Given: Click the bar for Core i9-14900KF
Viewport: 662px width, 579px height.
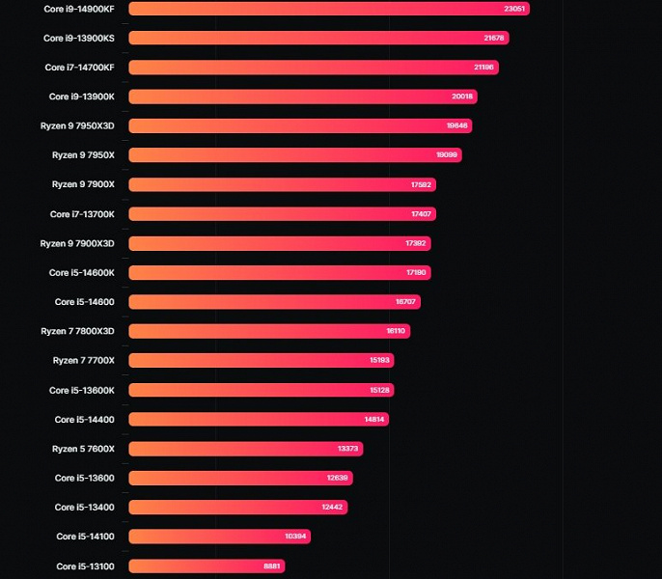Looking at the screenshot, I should (328, 9).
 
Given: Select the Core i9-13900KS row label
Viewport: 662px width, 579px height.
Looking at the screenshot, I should (79, 39).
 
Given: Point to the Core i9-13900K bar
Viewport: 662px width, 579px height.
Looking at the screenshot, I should (302, 96).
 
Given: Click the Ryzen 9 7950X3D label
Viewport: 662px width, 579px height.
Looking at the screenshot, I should (77, 125).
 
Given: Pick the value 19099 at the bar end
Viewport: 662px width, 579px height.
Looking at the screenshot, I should (447, 155).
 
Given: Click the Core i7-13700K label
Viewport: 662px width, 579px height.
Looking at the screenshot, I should (82, 214).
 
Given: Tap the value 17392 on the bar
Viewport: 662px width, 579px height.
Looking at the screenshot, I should (417, 243).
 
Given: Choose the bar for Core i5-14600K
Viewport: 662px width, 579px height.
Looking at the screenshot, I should (279, 273).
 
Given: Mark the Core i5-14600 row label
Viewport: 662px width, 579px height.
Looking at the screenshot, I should (85, 302).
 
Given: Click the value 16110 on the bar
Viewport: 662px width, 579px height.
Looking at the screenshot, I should (396, 331).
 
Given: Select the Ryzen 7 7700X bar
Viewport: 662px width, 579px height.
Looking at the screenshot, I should (261, 361).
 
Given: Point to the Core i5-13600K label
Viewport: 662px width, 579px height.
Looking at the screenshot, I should (82, 390).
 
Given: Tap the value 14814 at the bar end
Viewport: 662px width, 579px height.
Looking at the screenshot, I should (374, 420).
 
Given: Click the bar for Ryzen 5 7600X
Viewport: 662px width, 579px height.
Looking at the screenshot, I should (245, 449).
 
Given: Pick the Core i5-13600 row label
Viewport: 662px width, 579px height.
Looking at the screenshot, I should (85, 478).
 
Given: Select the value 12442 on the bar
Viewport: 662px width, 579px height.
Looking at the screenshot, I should (332, 508).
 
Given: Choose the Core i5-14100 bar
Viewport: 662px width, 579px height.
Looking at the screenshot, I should (219, 537).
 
